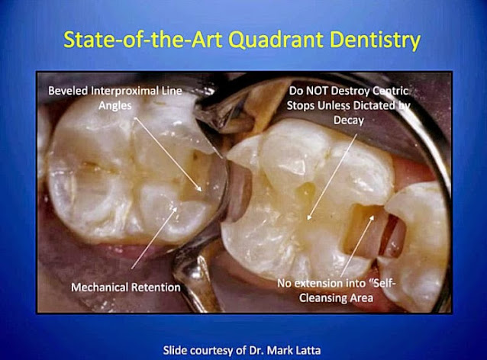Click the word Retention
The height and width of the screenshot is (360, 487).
(x=155, y=288)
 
